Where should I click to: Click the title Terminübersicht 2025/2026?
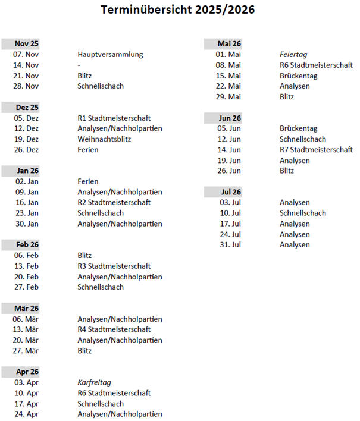point(179,11)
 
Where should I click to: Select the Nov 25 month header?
point(26,44)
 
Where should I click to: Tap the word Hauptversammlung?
point(110,55)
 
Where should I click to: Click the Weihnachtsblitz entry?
point(104,139)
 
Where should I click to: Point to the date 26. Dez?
point(26,150)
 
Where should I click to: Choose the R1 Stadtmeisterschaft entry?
point(114,118)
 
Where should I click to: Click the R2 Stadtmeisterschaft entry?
point(114,203)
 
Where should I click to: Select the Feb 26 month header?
point(27,245)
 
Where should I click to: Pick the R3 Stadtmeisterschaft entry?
point(114,266)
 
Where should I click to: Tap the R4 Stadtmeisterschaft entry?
point(114,329)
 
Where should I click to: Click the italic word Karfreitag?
point(94,382)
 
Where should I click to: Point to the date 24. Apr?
point(26,414)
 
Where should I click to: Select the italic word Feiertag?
point(293,55)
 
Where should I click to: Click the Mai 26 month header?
point(229,44)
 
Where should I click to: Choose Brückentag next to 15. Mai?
point(298,76)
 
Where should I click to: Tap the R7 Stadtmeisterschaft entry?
point(316,150)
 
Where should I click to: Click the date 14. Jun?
point(228,150)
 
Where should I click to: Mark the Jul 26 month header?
point(229,192)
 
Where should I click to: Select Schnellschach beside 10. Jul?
point(302,213)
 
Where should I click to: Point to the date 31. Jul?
point(229,245)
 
